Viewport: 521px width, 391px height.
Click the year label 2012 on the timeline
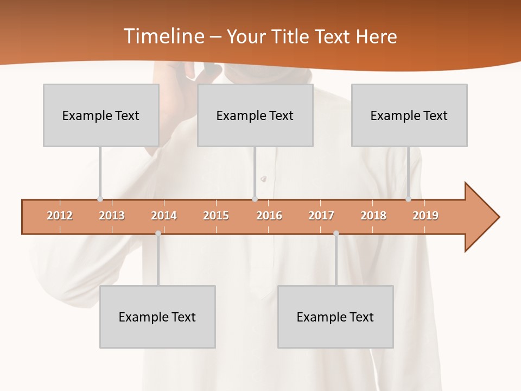pos(60,216)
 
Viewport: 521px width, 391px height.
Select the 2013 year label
pos(112,216)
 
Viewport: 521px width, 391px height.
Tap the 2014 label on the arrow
pos(164,216)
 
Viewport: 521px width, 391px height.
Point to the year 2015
pos(216,216)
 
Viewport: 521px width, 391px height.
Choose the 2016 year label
pos(269,216)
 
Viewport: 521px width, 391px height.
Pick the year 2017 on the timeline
pos(321,216)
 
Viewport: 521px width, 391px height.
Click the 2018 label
pos(373,216)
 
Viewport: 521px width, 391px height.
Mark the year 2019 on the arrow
pos(425,216)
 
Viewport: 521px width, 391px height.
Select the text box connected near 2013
pos(101,115)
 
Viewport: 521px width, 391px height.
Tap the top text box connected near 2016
pos(255,115)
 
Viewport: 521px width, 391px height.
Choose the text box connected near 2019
pos(409,115)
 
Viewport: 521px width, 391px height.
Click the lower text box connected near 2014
pos(157,317)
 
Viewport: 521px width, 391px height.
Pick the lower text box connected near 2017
pos(335,317)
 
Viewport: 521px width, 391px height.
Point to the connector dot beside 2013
pos(100,199)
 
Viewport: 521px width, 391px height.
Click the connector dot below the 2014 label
pos(158,234)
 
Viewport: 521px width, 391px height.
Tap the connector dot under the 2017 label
pos(336,234)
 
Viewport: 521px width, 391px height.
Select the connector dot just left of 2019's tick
pos(408,199)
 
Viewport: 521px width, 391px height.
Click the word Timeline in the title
pos(163,36)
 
